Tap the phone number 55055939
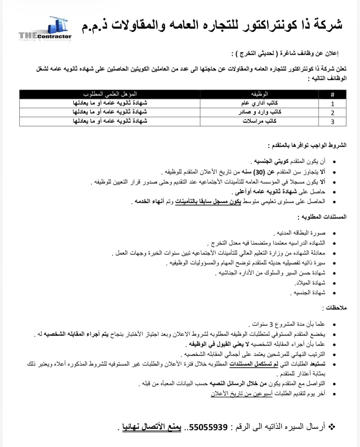pyautogui.click(x=208, y=427)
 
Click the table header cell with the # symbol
pyautogui.click(x=332, y=95)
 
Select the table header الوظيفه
pyautogui.click(x=259, y=94)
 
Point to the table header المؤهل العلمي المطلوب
pyautogui.click(x=110, y=94)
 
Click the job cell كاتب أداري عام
pyautogui.click(x=259, y=103)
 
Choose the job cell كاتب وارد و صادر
pyautogui.click(x=259, y=112)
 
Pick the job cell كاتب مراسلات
pyautogui.click(x=259, y=121)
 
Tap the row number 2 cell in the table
pyautogui.click(x=332, y=113)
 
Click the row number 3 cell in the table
pyautogui.click(x=332, y=122)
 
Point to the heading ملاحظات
pyautogui.click(x=334, y=308)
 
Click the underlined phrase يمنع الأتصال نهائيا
pyautogui.click(x=152, y=427)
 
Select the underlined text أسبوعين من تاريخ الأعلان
pyautogui.click(x=241, y=393)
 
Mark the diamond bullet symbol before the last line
pyautogui.click(x=332, y=427)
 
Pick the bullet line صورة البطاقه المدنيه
pyautogui.click(x=301, y=233)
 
